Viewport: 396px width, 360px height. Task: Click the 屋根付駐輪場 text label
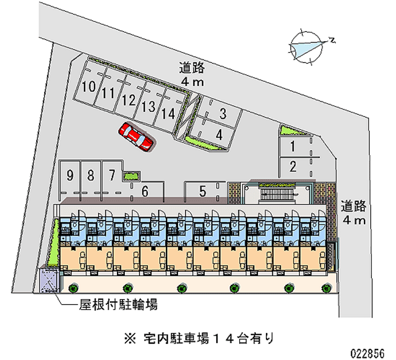(118, 305)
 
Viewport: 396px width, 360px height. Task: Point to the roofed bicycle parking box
(49, 280)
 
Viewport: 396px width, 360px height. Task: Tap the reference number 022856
(368, 353)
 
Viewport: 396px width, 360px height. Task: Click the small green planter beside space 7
(131, 176)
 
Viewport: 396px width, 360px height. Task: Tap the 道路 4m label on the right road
(353, 213)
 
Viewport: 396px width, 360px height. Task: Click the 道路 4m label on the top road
(192, 75)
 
